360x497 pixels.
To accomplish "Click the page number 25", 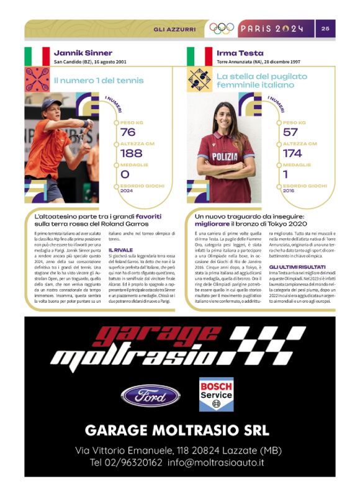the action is pos(326,28).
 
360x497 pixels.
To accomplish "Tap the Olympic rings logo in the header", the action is pos(222,28).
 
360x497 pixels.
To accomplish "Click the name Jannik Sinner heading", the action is pos(83,53).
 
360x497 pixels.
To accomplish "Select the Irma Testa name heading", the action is pos(240,53).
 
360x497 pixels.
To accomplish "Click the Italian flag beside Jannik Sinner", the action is pos(37,56).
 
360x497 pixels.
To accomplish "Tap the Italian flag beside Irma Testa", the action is pos(200,56).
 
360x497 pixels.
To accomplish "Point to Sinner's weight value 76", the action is pos(128,132).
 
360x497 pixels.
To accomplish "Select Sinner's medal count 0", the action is pos(125,174).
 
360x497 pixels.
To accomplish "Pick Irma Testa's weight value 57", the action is pos(290,132).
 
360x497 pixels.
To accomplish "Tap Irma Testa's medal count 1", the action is pos(286,174).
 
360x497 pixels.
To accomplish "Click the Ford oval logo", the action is pos(151,395).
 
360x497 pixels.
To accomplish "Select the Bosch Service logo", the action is pos(216,393).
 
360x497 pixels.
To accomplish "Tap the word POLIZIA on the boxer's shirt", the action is pos(224,157).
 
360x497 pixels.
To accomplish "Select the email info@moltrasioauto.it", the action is pos(231,462).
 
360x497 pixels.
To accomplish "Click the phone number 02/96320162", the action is pos(126,462).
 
